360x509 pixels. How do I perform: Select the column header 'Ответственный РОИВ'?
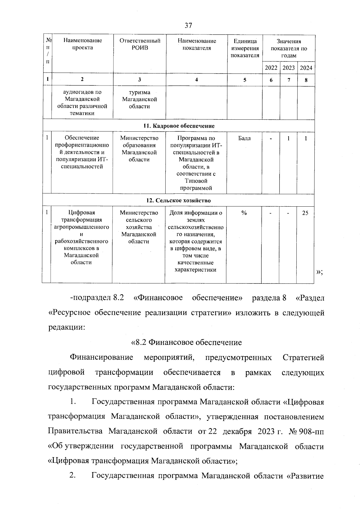pos(140,44)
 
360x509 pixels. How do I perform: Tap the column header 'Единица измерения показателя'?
pos(245,48)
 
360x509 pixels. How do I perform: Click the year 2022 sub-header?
pos(271,68)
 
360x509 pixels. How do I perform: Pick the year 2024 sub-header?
pos(306,68)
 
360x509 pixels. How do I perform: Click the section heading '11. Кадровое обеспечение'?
pos(179,126)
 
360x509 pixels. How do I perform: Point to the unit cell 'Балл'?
pos(244,138)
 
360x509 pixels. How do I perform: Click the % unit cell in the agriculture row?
pos(244,213)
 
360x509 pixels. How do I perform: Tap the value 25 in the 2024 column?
pos(305,213)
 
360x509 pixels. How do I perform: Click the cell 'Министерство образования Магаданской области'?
pos(139,149)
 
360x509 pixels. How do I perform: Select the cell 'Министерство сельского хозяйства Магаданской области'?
pos(139,227)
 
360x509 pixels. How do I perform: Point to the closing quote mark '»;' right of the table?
pos(319,272)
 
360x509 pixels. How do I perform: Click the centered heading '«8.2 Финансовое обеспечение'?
pos(187,342)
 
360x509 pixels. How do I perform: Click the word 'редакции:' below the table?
pos(67,327)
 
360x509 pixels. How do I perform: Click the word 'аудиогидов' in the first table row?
pos(82,92)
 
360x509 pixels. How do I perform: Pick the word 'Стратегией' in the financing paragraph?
pos(303,358)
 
